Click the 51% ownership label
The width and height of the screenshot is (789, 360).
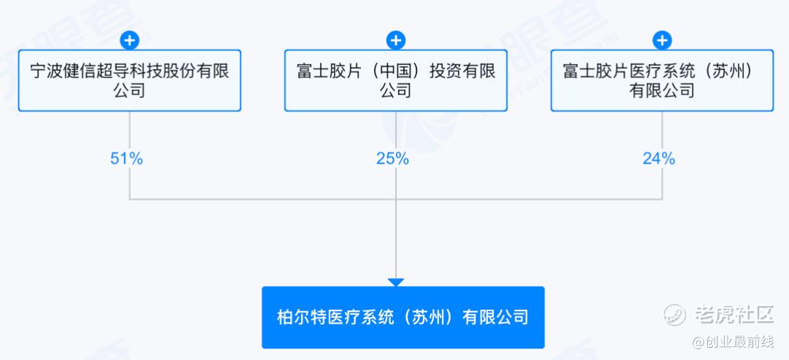126,159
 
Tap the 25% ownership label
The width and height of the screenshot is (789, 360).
392,159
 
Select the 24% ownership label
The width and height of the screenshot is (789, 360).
659,159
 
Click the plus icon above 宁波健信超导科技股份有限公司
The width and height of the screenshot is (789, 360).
130,40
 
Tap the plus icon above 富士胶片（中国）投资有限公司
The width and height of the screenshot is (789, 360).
396,40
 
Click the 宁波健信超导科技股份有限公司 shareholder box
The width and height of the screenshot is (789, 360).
130,80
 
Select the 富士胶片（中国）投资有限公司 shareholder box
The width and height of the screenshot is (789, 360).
396,80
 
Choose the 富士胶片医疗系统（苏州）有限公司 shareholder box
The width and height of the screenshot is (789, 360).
662,80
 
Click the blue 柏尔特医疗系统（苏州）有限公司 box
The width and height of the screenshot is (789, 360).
403,317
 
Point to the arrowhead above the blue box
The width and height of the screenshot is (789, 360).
396,283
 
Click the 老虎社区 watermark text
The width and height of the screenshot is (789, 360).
734,315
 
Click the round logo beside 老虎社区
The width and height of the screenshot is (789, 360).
675,315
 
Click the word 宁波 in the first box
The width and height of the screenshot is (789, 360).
47,70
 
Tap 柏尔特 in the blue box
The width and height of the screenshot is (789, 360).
302,317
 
